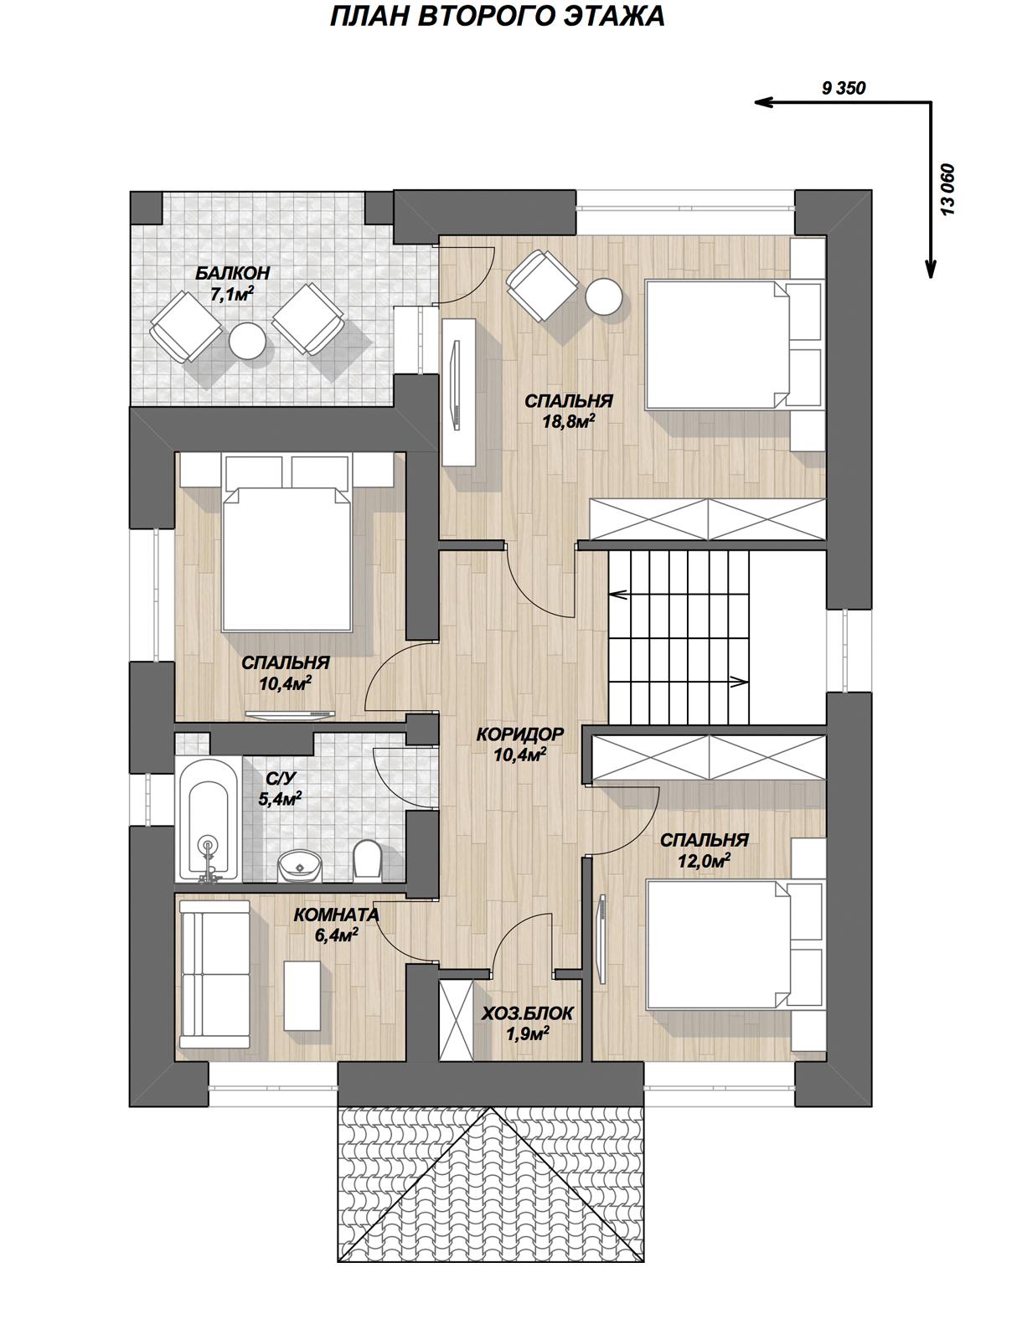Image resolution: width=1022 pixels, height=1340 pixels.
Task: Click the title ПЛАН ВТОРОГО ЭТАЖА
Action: (497, 17)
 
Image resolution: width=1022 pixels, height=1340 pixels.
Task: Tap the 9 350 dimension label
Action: (843, 89)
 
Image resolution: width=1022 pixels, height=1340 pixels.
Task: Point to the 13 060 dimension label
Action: (947, 189)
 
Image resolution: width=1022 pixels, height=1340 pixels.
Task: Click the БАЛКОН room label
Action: (232, 273)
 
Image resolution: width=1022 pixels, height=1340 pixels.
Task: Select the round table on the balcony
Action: (247, 340)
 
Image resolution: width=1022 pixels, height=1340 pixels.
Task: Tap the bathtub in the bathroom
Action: (208, 821)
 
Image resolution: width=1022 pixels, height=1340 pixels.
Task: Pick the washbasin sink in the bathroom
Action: (299, 866)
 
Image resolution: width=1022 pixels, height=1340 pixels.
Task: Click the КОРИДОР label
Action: (519, 734)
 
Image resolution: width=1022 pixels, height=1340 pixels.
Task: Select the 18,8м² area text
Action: (569, 421)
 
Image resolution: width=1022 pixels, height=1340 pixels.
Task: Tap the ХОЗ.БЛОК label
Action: (528, 1013)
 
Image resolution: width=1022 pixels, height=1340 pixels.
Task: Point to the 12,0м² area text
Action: (705, 861)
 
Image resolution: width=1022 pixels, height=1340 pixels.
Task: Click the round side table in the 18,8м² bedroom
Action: (604, 296)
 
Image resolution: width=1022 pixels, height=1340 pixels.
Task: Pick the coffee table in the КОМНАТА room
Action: (302, 995)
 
